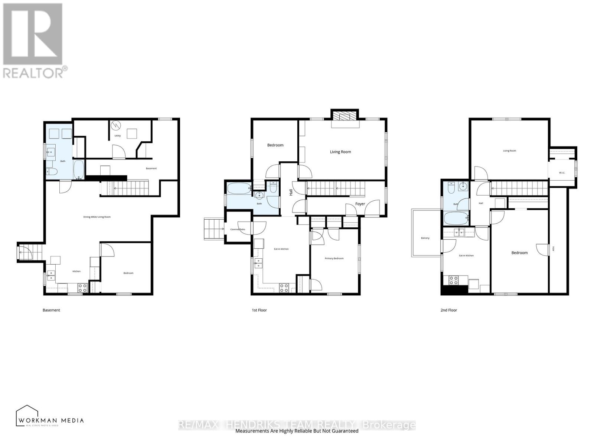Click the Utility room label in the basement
[x=117, y=136]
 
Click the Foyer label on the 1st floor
[x=360, y=204]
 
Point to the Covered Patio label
[x=238, y=229]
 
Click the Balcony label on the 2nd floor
[x=425, y=238]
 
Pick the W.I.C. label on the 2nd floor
[x=562, y=173]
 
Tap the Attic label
[x=553, y=249]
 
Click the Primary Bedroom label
[x=334, y=258]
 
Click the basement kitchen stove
[x=82, y=287]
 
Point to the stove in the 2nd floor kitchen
[x=453, y=279]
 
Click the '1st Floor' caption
[x=259, y=310]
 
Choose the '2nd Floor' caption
[x=448, y=310]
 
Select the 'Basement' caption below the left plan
[x=51, y=310]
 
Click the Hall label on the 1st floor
[x=291, y=192]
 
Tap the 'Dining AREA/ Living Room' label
[x=97, y=217]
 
